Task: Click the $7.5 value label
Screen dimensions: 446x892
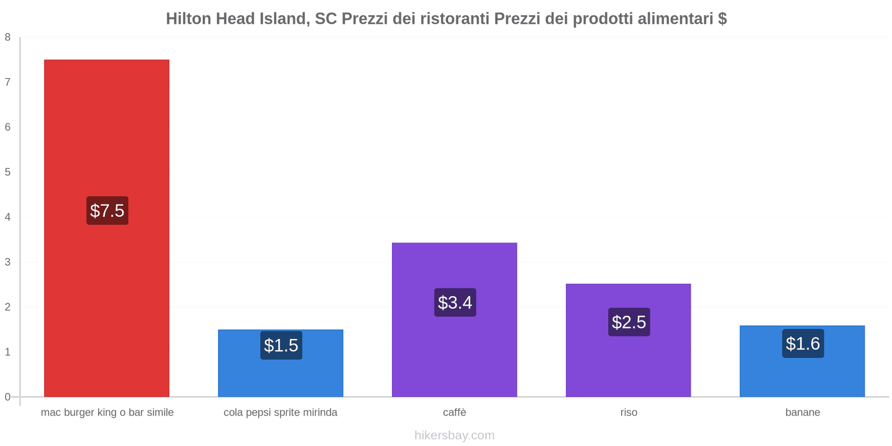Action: click(107, 211)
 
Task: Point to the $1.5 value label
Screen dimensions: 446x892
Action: click(281, 346)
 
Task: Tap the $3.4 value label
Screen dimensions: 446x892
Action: click(455, 303)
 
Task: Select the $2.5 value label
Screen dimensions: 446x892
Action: click(629, 322)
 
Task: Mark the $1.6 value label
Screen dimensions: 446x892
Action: click(803, 343)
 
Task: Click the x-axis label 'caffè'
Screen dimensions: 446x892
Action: click(454, 413)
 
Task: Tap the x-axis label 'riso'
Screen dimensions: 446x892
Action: click(628, 413)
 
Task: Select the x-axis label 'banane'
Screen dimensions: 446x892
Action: click(802, 413)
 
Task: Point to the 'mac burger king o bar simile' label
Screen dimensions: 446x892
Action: click(107, 413)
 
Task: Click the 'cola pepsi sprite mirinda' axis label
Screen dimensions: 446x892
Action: click(280, 413)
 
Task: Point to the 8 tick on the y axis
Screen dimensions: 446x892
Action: click(8, 37)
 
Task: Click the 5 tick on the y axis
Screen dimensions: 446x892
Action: click(8, 172)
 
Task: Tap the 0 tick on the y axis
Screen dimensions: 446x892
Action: click(8, 397)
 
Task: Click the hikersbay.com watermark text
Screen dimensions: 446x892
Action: click(454, 435)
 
